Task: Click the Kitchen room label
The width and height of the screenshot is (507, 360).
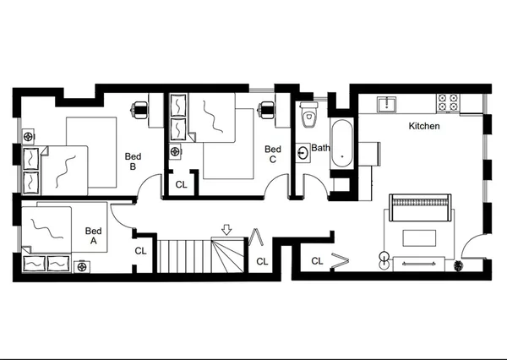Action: tap(424, 126)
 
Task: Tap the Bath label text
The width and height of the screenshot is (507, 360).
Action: tap(320, 148)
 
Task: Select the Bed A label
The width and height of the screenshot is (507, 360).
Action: tap(94, 235)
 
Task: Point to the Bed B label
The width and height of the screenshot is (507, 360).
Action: tap(133, 161)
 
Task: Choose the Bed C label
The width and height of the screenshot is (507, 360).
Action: tap(272, 154)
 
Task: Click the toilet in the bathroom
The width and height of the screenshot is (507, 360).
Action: tap(308, 114)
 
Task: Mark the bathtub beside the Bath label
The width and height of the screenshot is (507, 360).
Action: tap(341, 144)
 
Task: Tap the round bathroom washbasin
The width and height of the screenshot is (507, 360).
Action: tap(303, 153)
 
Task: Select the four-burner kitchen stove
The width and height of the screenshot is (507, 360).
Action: tap(448, 104)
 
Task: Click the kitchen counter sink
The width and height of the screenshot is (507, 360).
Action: tap(389, 104)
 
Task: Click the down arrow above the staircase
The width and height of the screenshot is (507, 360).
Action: tap(226, 229)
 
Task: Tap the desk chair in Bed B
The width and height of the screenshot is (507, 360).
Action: tap(141, 108)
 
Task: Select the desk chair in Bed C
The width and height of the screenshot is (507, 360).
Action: tap(268, 108)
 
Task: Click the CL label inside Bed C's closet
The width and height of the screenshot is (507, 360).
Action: tap(181, 184)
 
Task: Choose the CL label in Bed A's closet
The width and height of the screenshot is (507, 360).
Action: tap(140, 251)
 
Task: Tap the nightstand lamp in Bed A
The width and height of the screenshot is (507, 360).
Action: tap(82, 266)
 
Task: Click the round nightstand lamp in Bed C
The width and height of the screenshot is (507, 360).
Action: tap(176, 152)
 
